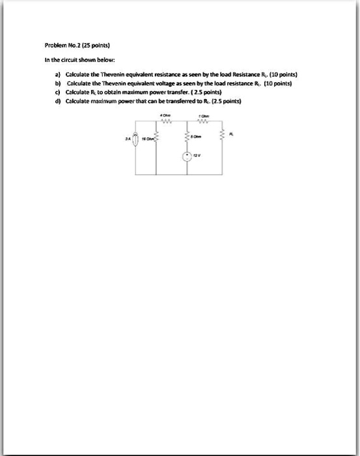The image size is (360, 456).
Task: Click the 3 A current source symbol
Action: (x=135, y=139)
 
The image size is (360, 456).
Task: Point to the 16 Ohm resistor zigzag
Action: (x=156, y=139)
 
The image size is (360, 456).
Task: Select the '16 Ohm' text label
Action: (x=148, y=139)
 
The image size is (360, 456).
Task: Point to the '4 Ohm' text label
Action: (x=165, y=115)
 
